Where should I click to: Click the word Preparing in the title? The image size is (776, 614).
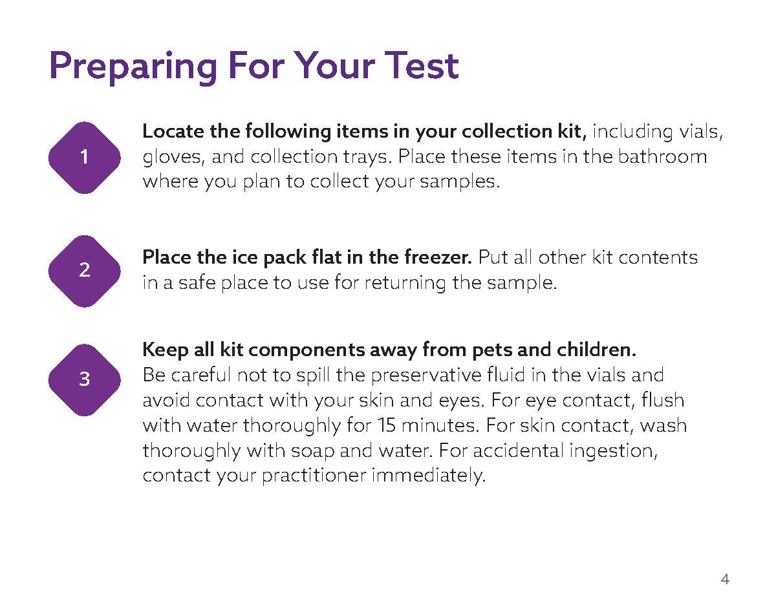133,67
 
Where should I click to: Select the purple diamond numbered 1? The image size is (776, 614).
84,158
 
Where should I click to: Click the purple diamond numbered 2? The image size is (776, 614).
84,271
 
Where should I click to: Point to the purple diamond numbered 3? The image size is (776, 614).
84,380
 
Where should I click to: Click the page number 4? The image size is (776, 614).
725,579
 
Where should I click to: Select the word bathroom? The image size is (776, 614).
662,156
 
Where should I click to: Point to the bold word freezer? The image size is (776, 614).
438,257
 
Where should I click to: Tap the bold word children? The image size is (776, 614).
596,349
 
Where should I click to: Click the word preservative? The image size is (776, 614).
426,376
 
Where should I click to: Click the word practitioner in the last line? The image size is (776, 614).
314,476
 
